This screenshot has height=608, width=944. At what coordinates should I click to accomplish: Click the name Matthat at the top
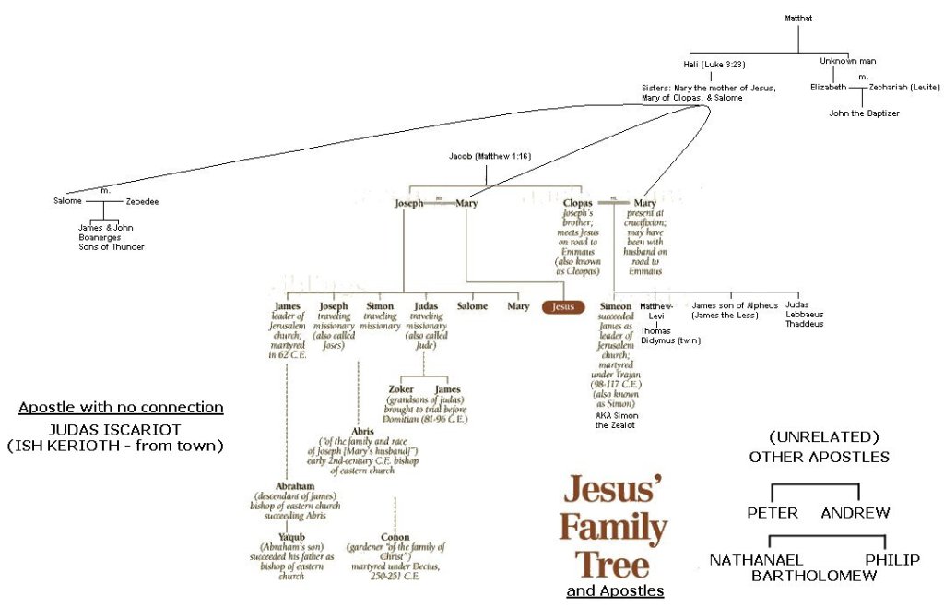click(x=798, y=18)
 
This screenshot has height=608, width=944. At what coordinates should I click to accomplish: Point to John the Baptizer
click(x=863, y=113)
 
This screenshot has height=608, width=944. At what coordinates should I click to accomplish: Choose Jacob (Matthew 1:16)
click(x=490, y=157)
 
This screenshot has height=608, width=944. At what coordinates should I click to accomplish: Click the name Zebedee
click(x=142, y=200)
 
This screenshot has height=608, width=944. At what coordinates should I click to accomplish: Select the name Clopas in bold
click(x=578, y=203)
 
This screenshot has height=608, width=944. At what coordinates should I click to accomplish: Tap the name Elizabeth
click(x=828, y=87)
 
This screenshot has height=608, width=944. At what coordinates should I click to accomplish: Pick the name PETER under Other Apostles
click(x=773, y=513)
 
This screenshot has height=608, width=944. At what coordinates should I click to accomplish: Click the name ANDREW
click(x=855, y=513)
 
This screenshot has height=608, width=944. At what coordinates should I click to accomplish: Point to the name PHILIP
click(x=892, y=560)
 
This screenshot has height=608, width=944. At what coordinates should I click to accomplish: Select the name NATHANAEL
click(x=756, y=560)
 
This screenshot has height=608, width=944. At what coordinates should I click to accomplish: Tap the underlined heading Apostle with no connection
click(x=121, y=408)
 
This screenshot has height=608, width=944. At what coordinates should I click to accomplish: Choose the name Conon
click(x=395, y=537)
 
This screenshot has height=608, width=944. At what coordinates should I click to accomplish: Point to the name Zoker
click(x=402, y=389)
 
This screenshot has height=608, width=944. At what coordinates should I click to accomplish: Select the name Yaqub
click(x=292, y=537)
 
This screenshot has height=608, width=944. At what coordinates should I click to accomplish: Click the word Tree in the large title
click(x=612, y=564)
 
